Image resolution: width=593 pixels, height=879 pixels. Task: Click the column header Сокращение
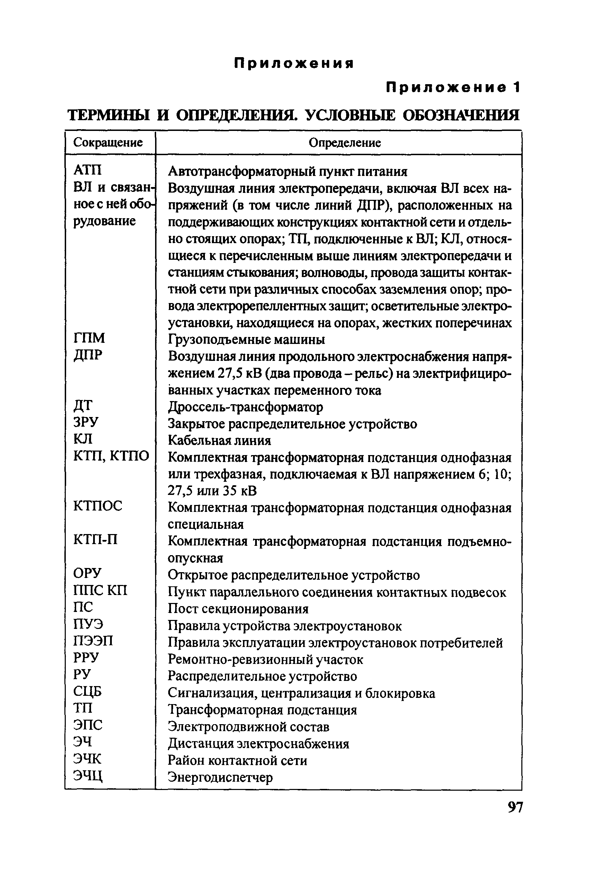coord(108,143)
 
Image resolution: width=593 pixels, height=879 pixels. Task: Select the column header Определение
coord(344,143)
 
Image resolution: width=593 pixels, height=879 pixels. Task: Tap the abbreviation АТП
coord(87,170)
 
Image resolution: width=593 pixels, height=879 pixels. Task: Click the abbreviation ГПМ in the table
coord(89,338)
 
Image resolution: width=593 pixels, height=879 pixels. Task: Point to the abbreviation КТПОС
coord(98,506)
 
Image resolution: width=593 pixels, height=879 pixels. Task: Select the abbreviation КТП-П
coord(95,539)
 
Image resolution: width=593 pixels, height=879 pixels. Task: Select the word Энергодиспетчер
coord(220,777)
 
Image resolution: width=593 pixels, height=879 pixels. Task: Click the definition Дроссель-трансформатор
coord(245,407)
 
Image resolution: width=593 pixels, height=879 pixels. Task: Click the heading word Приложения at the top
coord(294,63)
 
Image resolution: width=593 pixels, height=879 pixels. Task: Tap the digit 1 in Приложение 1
coord(516,88)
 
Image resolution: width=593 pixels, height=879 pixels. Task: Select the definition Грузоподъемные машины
coord(246,340)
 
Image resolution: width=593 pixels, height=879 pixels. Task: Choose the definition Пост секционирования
coord(238,609)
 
